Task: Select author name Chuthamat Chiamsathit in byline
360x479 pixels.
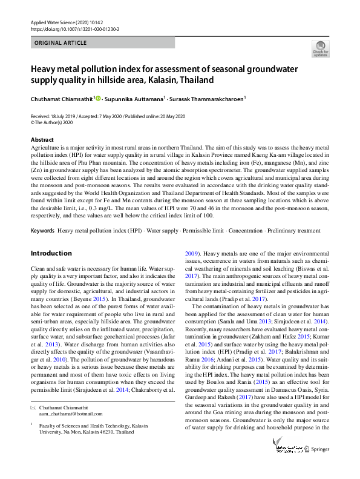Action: [60, 98]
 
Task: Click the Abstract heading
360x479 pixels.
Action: [42, 139]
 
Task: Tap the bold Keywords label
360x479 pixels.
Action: [42, 231]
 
